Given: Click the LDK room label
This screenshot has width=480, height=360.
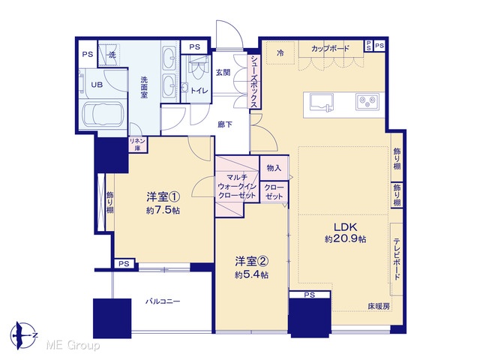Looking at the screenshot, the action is point(345,227).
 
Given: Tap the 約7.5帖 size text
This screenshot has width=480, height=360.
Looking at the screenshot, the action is point(163,211).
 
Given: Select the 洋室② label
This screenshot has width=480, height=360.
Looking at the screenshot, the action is point(252,261).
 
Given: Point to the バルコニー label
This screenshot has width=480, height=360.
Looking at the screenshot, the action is point(163,301).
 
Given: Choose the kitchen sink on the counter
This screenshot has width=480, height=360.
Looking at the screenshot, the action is point(321,102).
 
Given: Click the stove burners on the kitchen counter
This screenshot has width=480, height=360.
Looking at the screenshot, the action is point(367,101).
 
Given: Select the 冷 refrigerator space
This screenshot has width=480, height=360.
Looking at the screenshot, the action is point(280,52).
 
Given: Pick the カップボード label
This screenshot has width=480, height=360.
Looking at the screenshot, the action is point(330,48).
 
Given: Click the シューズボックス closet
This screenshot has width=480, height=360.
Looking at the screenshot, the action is point(254,82).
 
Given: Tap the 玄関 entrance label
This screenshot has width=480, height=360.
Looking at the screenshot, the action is point(223,73).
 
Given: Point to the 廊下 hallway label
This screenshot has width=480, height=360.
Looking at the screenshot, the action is point(225,124).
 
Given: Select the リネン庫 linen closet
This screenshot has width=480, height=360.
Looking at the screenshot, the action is point(137,145).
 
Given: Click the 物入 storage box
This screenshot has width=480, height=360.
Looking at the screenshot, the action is point(274,168).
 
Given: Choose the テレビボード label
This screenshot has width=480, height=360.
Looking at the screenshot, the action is point(397,259).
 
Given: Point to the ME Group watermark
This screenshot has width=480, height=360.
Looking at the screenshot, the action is point(73,346).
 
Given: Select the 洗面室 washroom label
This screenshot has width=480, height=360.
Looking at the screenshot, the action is point(144,87).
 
